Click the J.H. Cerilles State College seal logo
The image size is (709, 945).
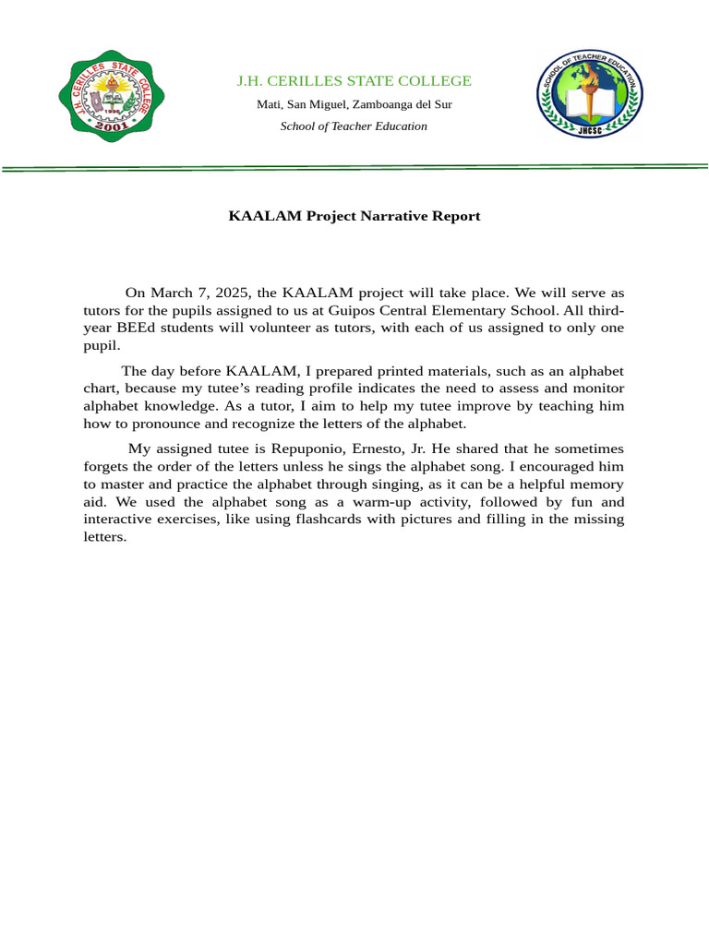pyautogui.click(x=112, y=96)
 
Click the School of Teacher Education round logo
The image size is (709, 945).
pyautogui.click(x=590, y=95)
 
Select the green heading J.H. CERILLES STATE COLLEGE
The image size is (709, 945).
pyautogui.click(x=354, y=81)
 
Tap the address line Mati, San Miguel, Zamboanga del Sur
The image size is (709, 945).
pyautogui.click(x=354, y=104)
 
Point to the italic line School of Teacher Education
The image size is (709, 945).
pyautogui.click(x=354, y=126)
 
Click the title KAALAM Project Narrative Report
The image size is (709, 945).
pyautogui.click(x=354, y=216)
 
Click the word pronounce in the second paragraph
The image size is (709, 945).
pyautogui.click(x=163, y=424)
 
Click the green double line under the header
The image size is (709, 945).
pyautogui.click(x=354, y=168)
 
